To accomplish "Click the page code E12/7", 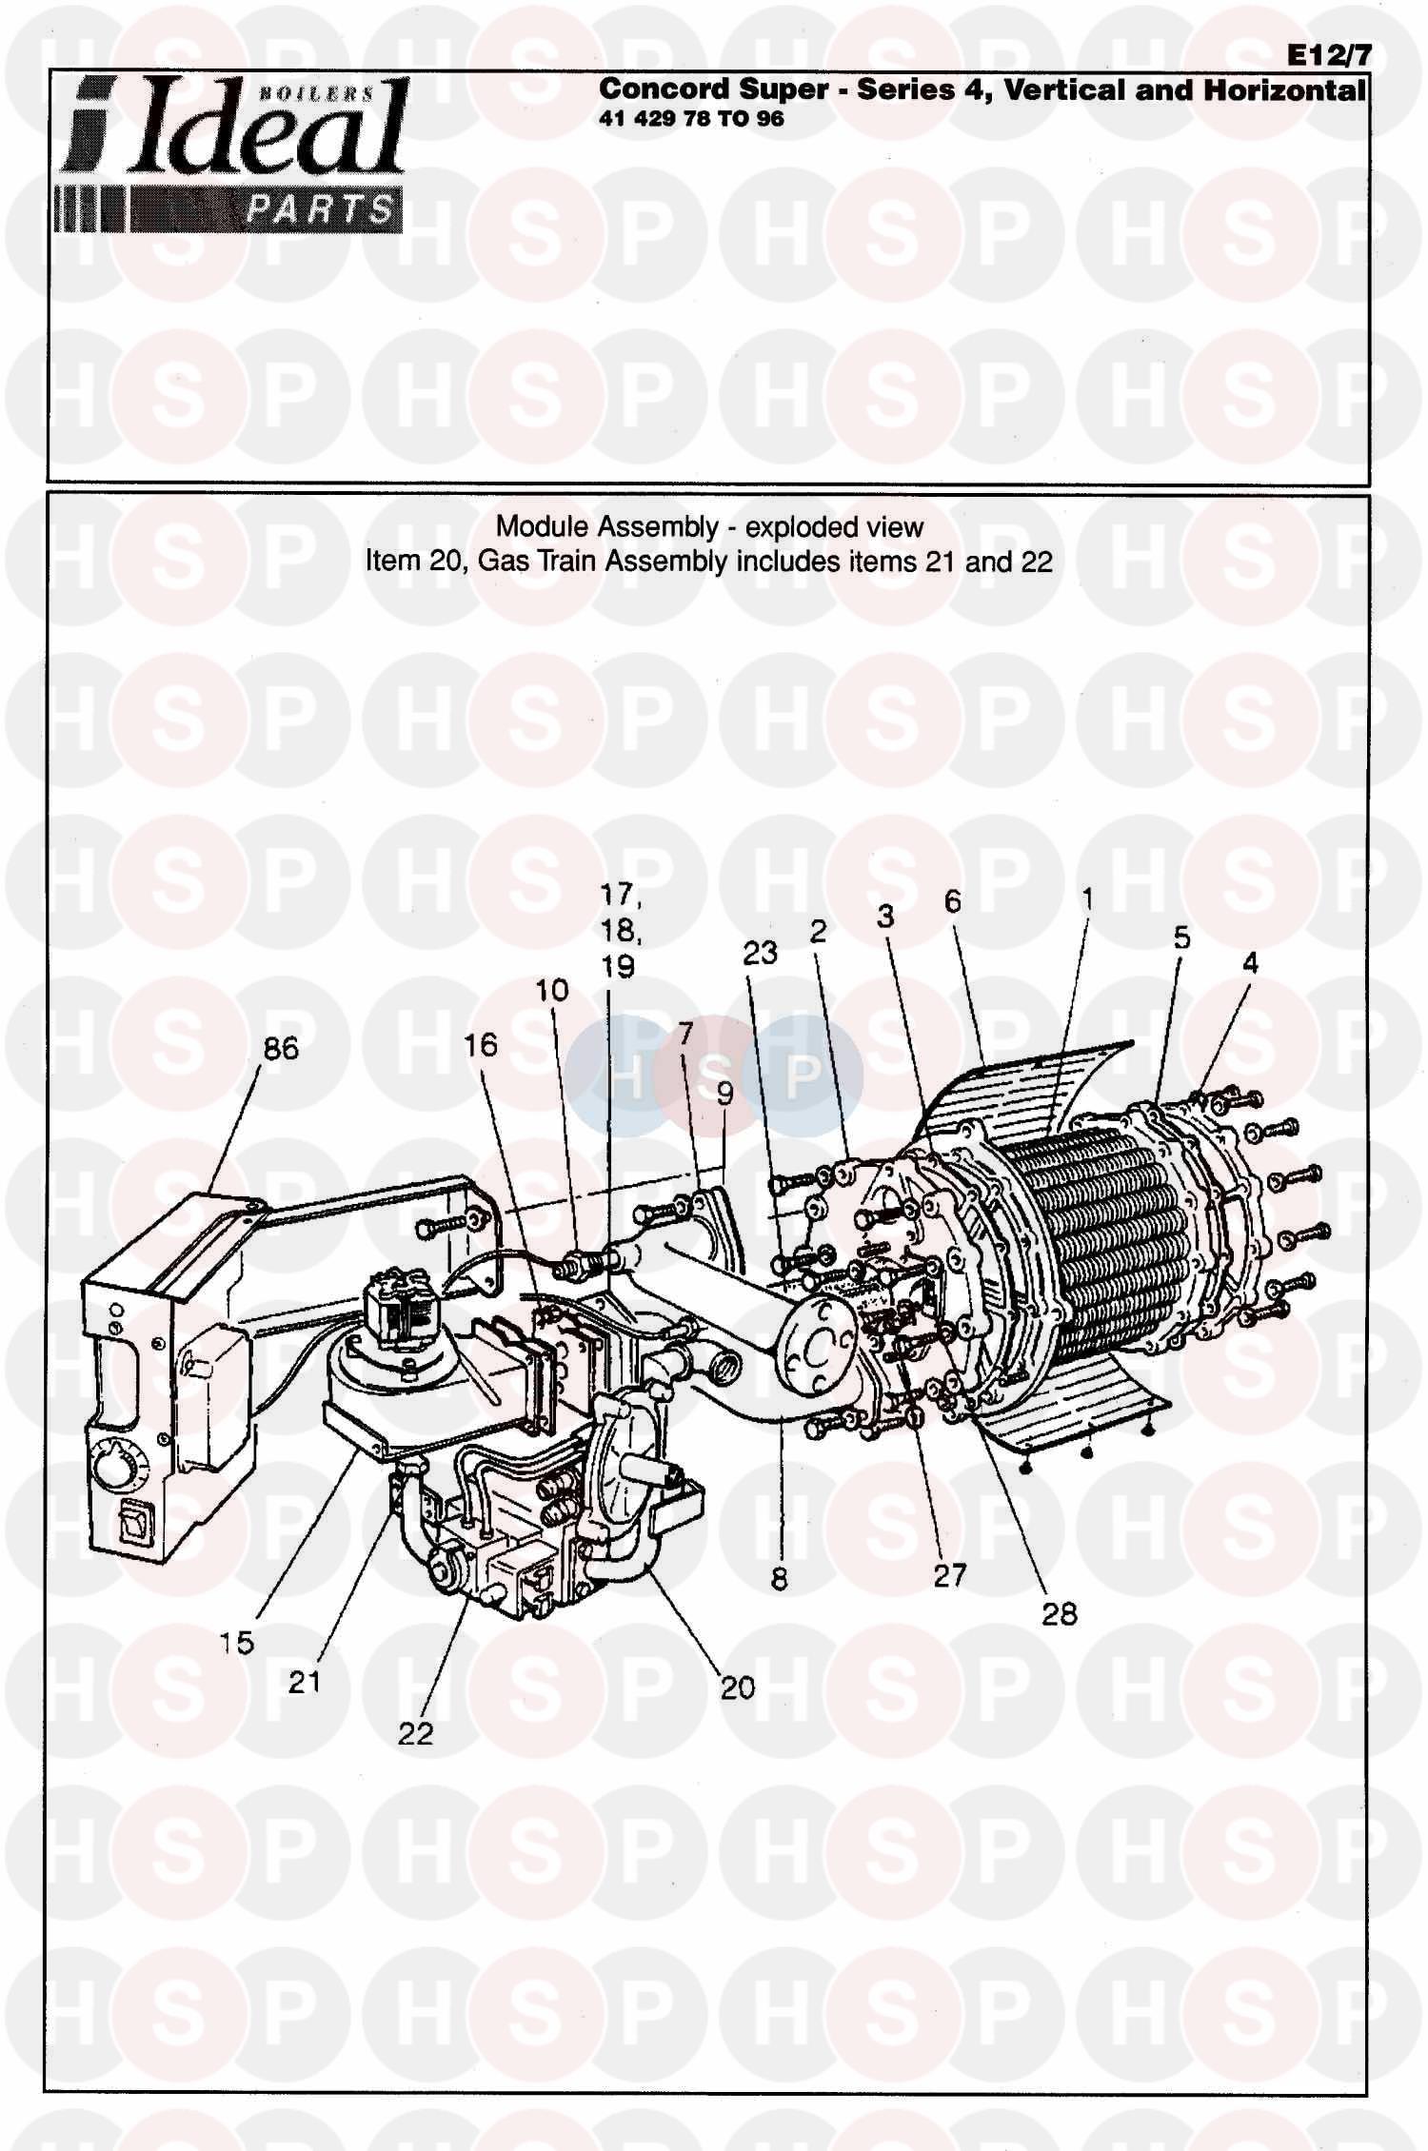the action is (x=1330, y=55).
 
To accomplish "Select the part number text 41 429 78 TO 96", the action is (x=691, y=119).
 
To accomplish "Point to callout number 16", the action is (x=481, y=1045).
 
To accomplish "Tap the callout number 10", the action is (x=551, y=990).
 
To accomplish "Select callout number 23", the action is (x=760, y=953).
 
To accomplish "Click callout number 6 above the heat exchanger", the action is (x=952, y=901).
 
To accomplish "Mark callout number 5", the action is (x=1181, y=937).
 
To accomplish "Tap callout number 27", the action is (x=949, y=1575).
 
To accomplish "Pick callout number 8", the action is (x=779, y=1579).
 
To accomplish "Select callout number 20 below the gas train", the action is (x=737, y=1687).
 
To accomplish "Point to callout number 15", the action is (x=236, y=1642).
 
